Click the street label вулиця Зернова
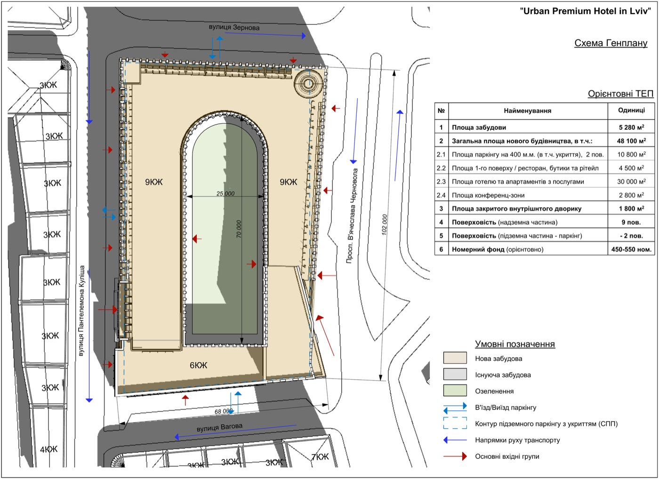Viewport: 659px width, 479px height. [x=234, y=27]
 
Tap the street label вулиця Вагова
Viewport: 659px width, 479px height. [x=219, y=427]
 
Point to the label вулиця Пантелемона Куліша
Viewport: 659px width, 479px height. [x=81, y=311]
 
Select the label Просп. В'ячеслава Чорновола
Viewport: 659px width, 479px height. [x=352, y=216]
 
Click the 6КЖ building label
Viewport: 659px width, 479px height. [x=198, y=365]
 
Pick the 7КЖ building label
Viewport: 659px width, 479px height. [x=320, y=457]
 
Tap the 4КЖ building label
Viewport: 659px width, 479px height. [x=49, y=449]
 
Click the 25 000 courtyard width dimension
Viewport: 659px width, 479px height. [x=225, y=193]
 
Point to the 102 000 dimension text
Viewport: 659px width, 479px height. [x=384, y=224]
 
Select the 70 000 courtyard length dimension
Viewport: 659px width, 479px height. [x=239, y=229]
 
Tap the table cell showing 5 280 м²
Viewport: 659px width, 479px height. [x=631, y=128]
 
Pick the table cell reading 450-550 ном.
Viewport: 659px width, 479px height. [x=631, y=249]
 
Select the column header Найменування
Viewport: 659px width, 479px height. [x=528, y=111]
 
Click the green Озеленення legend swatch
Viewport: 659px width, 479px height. [x=455, y=391]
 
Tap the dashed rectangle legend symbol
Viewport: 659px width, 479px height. [x=455, y=423]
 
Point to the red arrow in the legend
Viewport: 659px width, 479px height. [x=455, y=456]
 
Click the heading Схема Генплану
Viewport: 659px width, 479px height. [x=611, y=43]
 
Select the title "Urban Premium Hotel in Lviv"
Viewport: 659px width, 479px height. [x=586, y=11]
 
